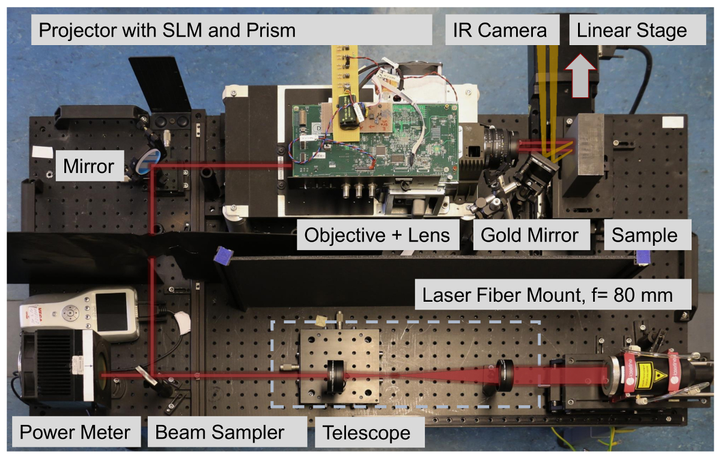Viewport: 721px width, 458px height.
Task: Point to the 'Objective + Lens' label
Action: click(377, 234)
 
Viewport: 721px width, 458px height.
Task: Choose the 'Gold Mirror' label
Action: click(529, 234)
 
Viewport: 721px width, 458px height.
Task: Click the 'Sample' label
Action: click(644, 234)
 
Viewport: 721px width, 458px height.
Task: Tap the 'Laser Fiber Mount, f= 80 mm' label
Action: click(547, 296)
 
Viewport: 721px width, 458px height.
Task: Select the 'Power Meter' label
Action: click(75, 432)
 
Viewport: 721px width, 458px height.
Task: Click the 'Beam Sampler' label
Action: click(220, 432)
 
